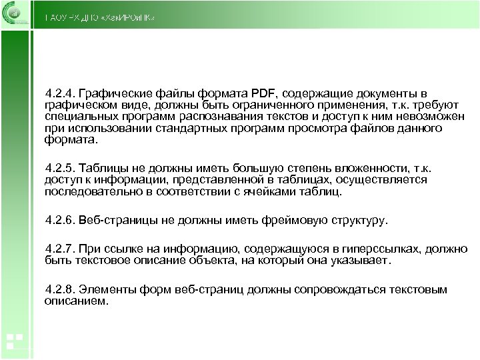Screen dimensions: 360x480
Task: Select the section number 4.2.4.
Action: click(60, 93)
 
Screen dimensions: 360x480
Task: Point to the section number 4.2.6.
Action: click(60, 219)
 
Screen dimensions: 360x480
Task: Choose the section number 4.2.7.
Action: click(60, 249)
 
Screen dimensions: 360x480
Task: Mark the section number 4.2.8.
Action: click(60, 290)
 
